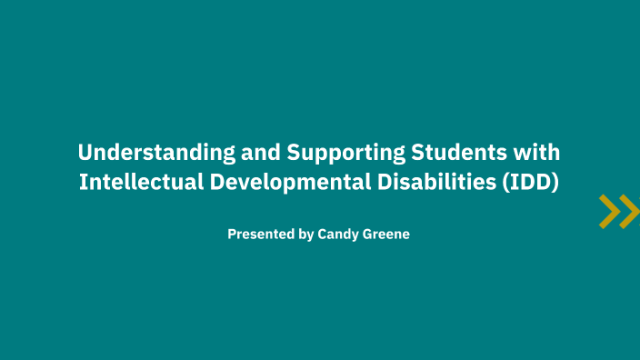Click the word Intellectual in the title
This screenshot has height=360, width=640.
(x=141, y=181)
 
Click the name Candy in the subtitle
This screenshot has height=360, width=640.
(x=338, y=235)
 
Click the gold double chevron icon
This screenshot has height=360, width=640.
(x=619, y=211)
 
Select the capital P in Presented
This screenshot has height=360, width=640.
(x=232, y=234)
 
